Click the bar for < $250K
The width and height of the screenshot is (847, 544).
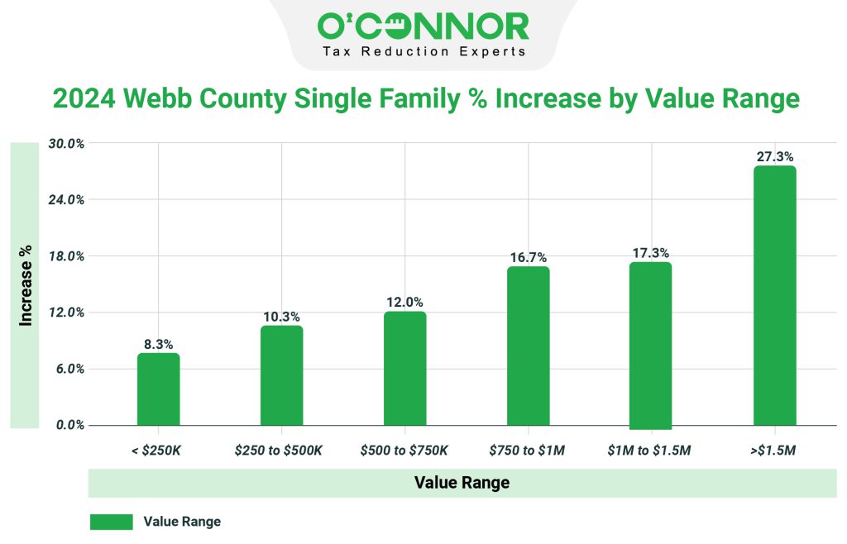(x=158, y=389)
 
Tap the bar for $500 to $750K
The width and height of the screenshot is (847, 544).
(x=404, y=369)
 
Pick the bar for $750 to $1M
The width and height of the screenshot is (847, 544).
(x=528, y=346)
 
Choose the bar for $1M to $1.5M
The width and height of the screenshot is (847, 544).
(x=651, y=345)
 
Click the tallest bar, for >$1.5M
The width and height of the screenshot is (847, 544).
(x=774, y=295)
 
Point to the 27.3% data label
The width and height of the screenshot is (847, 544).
(x=774, y=156)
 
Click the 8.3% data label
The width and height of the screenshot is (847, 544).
(x=158, y=344)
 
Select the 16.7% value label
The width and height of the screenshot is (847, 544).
(x=528, y=258)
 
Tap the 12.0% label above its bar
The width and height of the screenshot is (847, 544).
(x=404, y=303)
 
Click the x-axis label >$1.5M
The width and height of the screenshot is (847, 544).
(x=774, y=451)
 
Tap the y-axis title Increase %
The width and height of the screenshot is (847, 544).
(x=26, y=284)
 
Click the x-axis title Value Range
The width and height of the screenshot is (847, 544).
(x=462, y=483)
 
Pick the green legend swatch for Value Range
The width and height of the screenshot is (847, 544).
(x=111, y=522)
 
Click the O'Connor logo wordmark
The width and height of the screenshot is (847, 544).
(x=423, y=27)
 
